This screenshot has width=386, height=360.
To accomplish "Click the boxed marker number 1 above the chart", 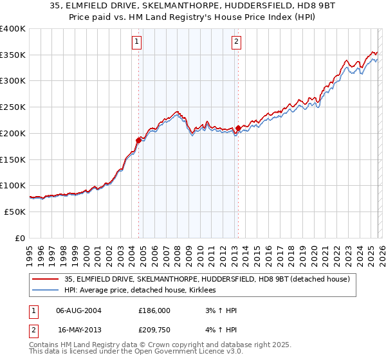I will point(137,42).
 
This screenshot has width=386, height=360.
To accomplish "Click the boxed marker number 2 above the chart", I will point(237,42).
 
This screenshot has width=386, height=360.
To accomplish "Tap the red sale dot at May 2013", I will point(238,128).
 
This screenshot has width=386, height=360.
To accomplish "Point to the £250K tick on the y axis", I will point(14,107).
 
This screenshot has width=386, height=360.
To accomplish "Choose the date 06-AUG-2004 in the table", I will point(78,310).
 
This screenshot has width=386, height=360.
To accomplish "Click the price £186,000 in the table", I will point(154,310).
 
